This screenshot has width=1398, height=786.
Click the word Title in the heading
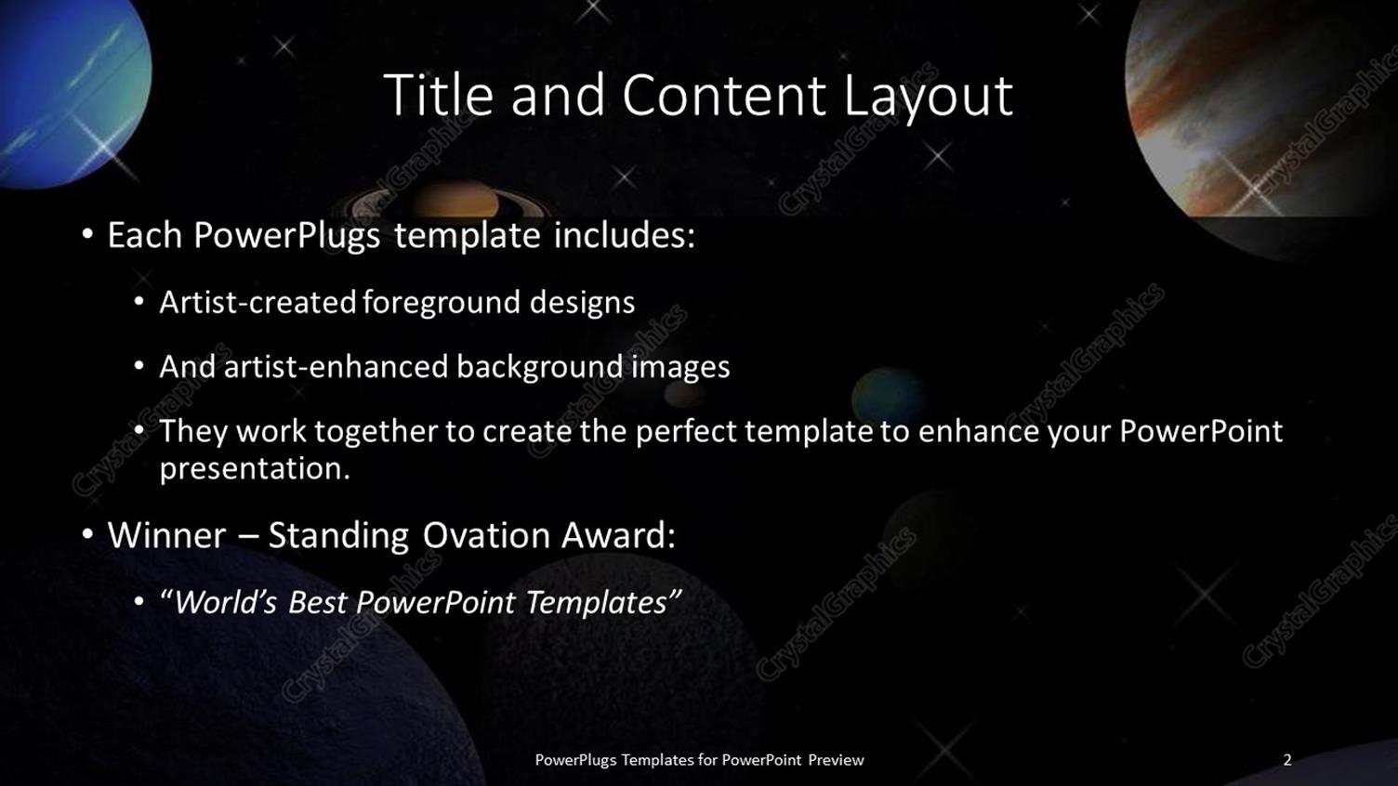pyautogui.click(x=439, y=95)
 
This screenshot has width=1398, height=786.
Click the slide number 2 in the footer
pyautogui.click(x=1287, y=760)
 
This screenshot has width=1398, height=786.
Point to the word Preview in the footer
pyautogui.click(x=836, y=760)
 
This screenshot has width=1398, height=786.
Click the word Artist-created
pyautogui.click(x=257, y=302)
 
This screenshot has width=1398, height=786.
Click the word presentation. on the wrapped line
pyautogui.click(x=255, y=468)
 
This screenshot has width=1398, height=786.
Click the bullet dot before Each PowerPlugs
pyautogui.click(x=87, y=235)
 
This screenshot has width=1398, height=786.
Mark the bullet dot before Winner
pyautogui.click(x=87, y=535)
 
